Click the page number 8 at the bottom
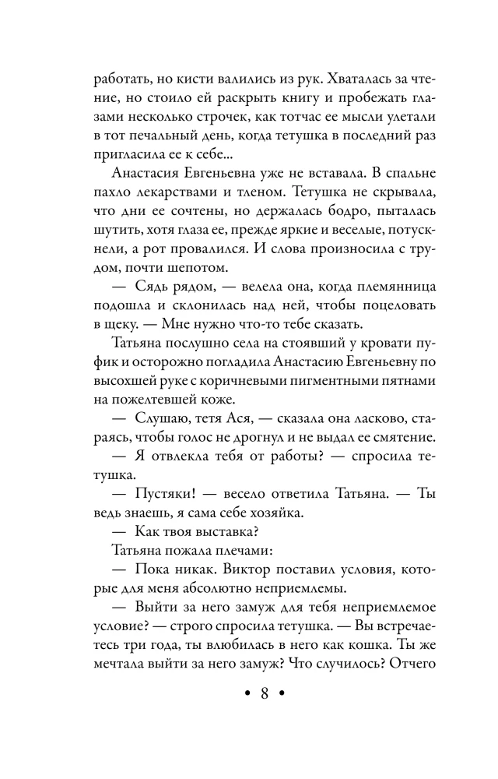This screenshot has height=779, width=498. coord(264,693)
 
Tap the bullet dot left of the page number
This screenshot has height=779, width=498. coord(246,694)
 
